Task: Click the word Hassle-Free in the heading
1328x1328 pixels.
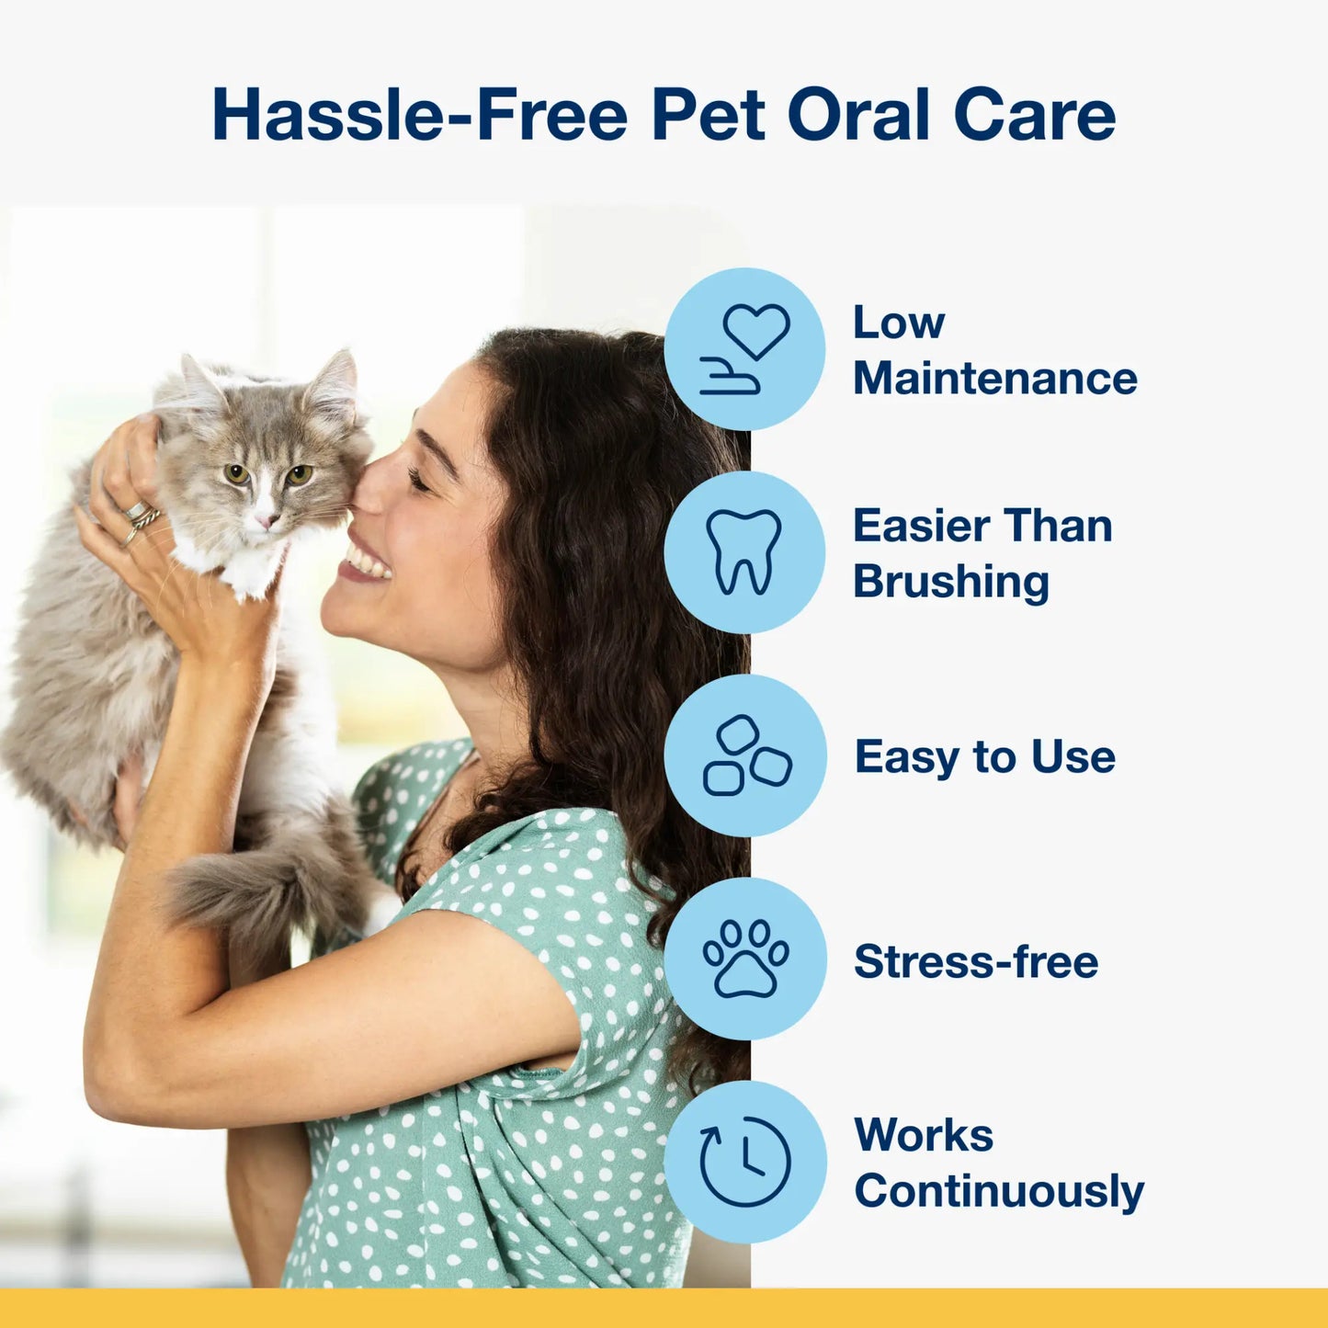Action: [419, 115]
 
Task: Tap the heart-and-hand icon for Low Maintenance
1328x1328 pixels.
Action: [744, 349]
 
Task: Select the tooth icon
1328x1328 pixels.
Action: [744, 552]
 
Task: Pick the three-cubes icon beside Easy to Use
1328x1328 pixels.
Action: [745, 755]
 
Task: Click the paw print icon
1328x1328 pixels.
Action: [745, 959]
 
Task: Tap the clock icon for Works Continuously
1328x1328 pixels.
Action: [745, 1162]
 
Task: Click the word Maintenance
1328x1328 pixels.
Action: [994, 379]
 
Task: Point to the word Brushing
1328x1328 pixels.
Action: [950, 582]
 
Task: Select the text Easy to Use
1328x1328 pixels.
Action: [984, 756]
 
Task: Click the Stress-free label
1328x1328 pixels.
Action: [975, 961]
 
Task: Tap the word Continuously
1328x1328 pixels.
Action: [999, 1191]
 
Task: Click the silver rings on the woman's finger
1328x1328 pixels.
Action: [141, 518]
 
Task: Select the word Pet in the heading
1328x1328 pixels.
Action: [708, 115]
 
